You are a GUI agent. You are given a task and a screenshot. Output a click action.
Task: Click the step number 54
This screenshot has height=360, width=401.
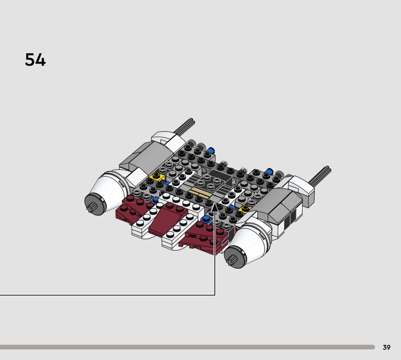point(35,60)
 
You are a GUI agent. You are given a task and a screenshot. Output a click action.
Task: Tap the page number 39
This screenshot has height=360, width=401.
point(386,347)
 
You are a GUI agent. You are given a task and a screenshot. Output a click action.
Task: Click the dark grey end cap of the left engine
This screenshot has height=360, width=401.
point(95,204)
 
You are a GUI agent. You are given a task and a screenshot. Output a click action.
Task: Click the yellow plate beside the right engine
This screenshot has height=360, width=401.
point(245,209)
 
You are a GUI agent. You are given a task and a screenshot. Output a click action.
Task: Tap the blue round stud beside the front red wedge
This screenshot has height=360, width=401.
point(206,219)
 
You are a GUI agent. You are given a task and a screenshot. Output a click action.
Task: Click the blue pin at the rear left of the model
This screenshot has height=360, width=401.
point(211,150)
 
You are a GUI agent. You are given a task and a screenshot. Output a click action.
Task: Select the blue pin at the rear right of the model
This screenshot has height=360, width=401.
point(269,170)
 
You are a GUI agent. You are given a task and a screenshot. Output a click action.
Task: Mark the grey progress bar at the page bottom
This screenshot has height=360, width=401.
point(187,347)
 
